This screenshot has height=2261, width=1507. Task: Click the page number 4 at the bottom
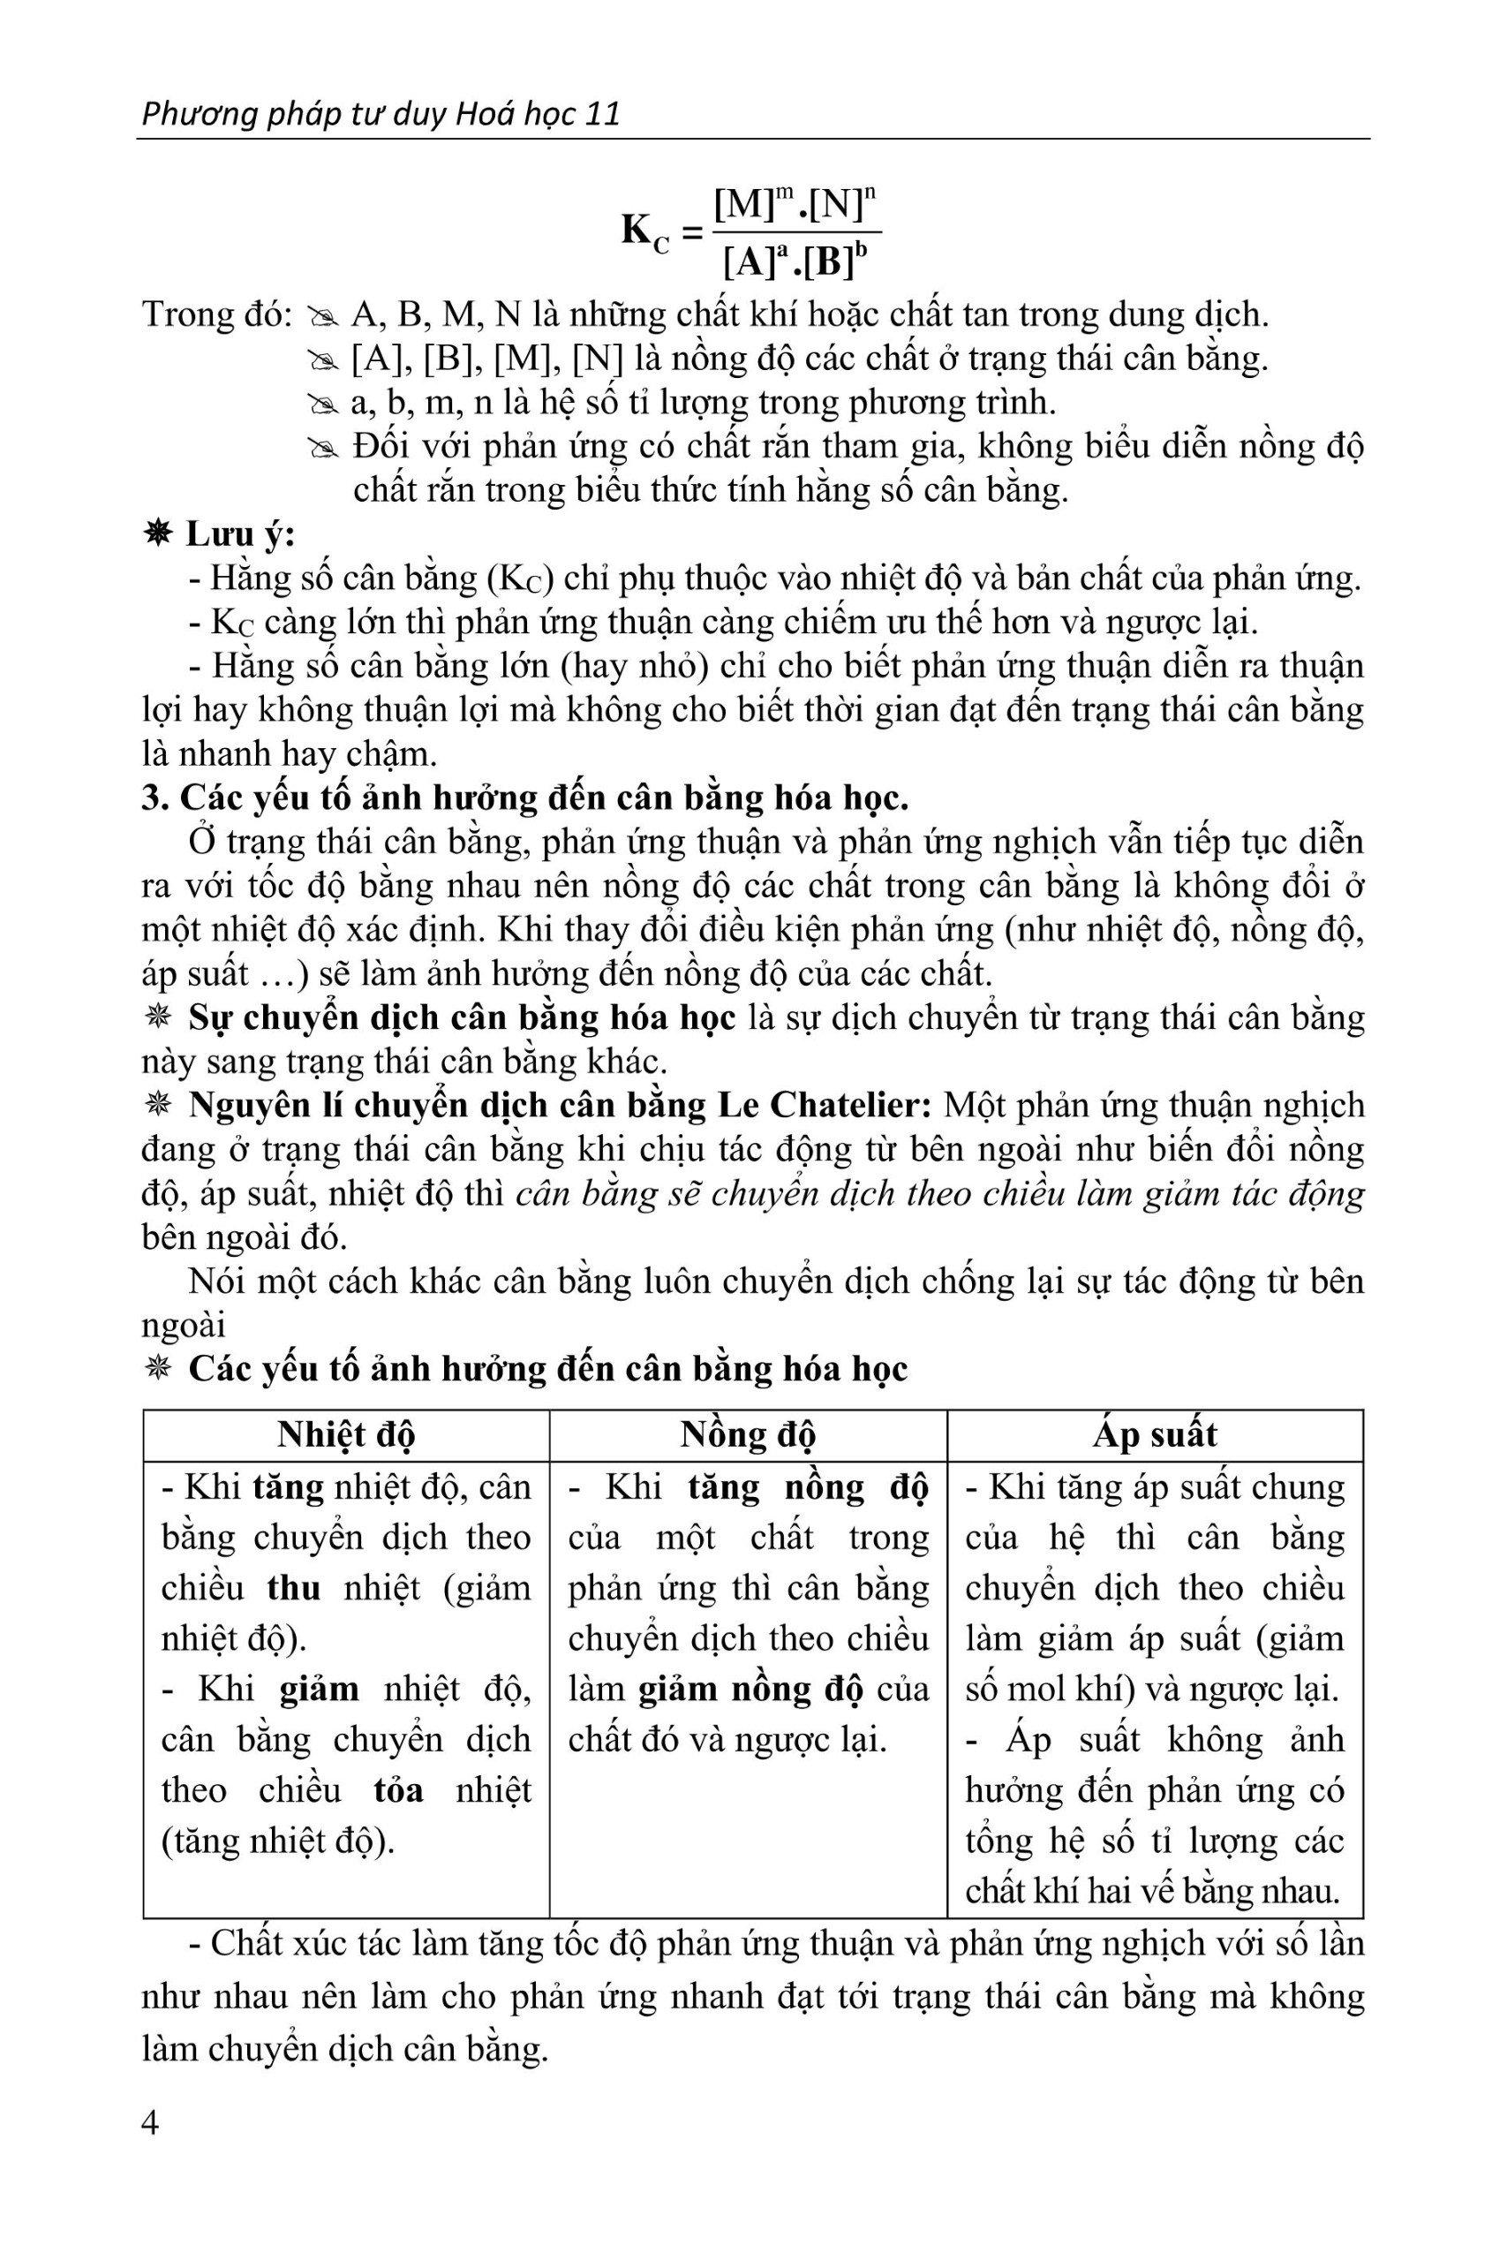tap(150, 2123)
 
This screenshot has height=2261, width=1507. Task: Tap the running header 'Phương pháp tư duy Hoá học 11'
tap(381, 115)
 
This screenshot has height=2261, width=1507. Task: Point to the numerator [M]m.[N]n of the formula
tap(799, 206)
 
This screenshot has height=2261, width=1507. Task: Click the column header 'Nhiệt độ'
tap(346, 1434)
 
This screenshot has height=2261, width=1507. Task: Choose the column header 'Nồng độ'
tap(748, 1434)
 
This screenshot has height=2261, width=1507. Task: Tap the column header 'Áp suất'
tap(1154, 1434)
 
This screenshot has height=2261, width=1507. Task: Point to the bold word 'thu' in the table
tap(293, 1587)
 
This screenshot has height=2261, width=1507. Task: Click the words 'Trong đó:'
tap(216, 314)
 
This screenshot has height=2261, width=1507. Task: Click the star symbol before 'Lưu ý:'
tap(159, 533)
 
